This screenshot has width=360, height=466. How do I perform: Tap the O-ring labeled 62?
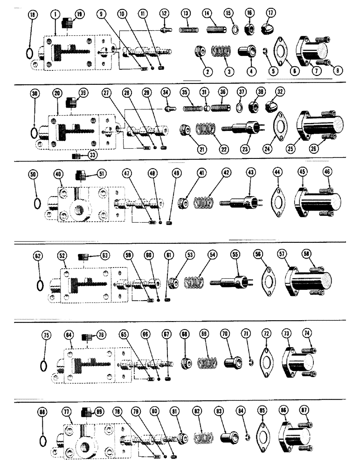click(x=40, y=284)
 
